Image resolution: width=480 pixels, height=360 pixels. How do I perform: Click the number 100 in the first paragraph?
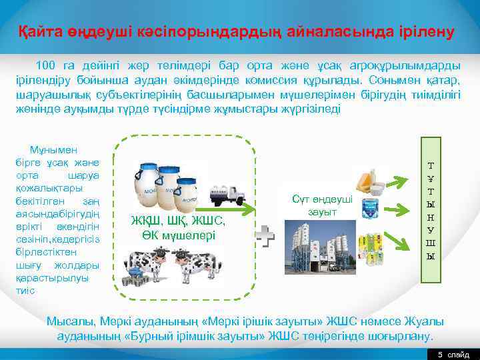(x=46, y=65)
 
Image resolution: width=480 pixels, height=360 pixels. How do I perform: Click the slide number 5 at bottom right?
(x=440, y=354)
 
